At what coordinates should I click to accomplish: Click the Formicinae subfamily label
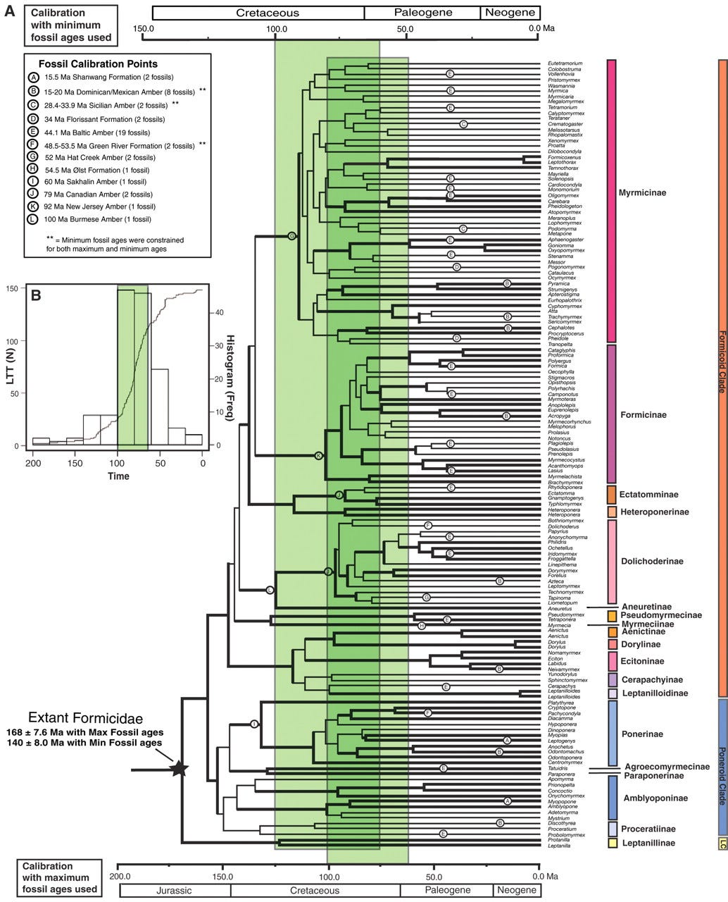pos(643,415)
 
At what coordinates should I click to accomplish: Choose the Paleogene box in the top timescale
pos(422,13)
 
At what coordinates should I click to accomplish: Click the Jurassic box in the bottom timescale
pos(174,890)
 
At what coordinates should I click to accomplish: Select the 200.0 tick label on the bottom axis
pos(119,876)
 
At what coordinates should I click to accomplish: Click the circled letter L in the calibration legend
pos(33,220)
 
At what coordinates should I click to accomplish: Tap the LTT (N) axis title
pos(9,366)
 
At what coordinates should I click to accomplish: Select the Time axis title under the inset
pos(118,476)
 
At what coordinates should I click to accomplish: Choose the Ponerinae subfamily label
pos(642,734)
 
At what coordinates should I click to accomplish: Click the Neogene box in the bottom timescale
pos(516,890)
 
